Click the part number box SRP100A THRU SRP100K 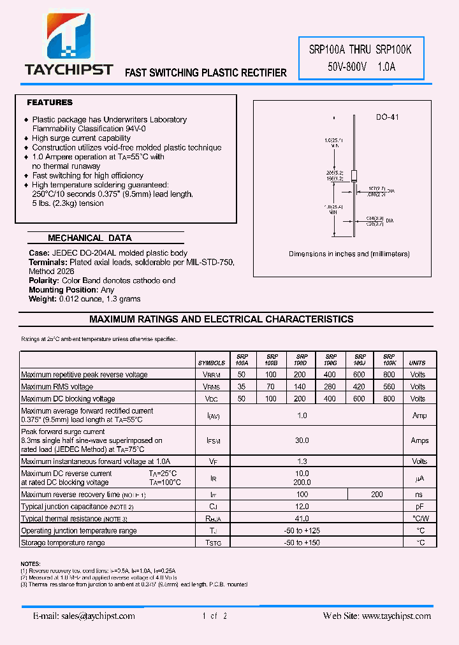pyautogui.click(x=361, y=57)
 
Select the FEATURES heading pyautogui.click(x=50, y=103)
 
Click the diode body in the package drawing pyautogui.click(x=353, y=176)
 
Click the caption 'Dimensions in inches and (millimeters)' pyautogui.click(x=349, y=254)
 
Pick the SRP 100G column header pyautogui.click(x=330, y=359)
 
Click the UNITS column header pyautogui.click(x=418, y=363)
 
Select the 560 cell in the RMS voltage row pyautogui.click(x=389, y=387)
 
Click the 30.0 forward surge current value pyautogui.click(x=302, y=440)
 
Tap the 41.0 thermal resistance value pyautogui.click(x=302, y=519)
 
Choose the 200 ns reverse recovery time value pyautogui.click(x=376, y=495)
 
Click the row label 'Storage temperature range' pyautogui.click(x=63, y=543)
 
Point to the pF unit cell pyautogui.click(x=419, y=507)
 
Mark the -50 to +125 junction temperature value pyautogui.click(x=302, y=531)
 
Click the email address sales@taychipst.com pyautogui.click(x=84, y=616)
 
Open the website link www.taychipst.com pyautogui.click(x=395, y=616)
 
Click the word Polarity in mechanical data pyautogui.click(x=44, y=280)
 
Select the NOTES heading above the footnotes pyautogui.click(x=31, y=564)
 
